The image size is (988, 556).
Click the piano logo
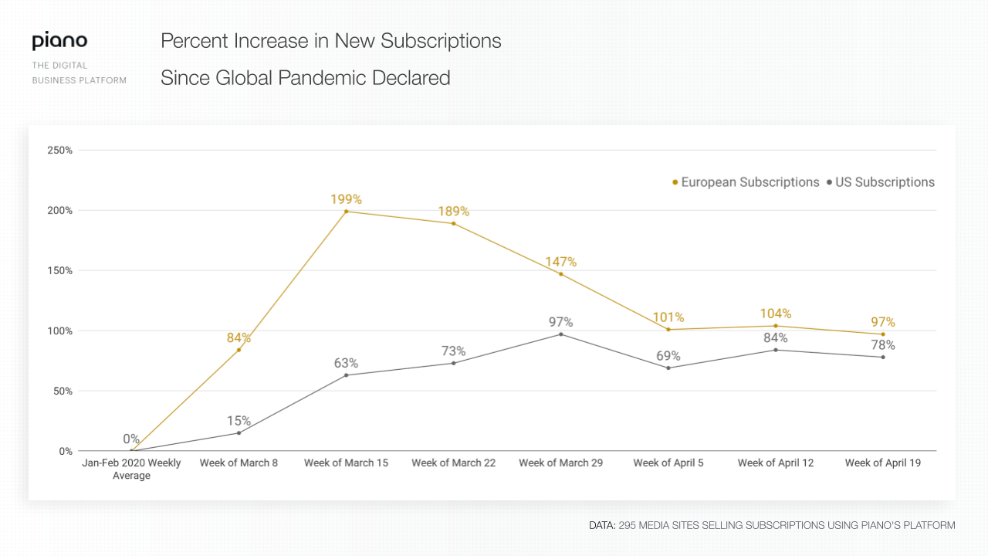click(x=59, y=42)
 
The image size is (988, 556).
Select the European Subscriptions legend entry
click(x=746, y=182)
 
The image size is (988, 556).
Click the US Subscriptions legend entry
click(x=880, y=182)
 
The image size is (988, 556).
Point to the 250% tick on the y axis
click(x=60, y=150)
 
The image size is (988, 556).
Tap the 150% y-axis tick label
click(x=60, y=270)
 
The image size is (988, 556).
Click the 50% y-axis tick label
click(x=63, y=391)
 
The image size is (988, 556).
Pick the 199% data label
click(x=346, y=199)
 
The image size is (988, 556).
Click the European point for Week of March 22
click(x=453, y=223)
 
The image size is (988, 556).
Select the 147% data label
click(x=560, y=262)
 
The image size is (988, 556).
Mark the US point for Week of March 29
click(x=560, y=334)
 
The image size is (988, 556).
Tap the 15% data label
click(x=239, y=421)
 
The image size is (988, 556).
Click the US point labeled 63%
click(x=346, y=375)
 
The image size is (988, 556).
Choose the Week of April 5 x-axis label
click(x=668, y=463)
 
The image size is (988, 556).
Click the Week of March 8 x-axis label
click(x=239, y=463)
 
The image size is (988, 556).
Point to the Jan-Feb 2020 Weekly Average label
click(x=131, y=470)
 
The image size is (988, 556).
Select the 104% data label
click(x=775, y=314)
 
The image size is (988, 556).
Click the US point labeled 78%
click(x=883, y=357)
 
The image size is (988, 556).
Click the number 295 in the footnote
click(x=628, y=525)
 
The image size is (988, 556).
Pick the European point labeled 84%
click(x=239, y=350)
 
